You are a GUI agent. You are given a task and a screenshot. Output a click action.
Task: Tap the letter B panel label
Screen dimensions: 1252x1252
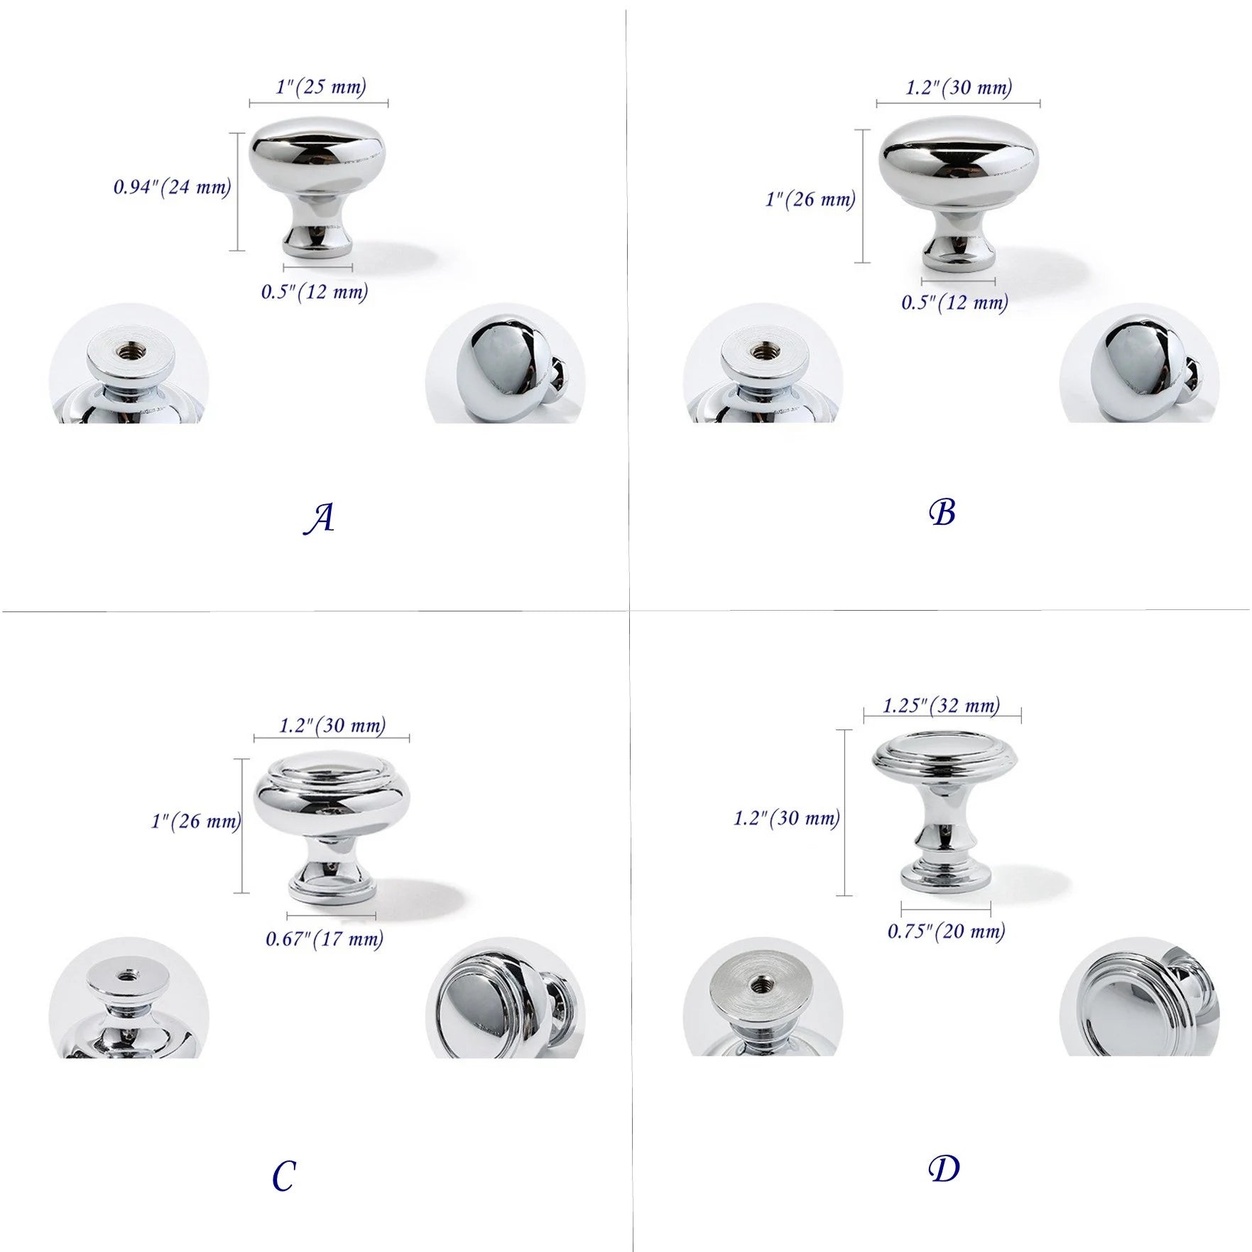tap(942, 512)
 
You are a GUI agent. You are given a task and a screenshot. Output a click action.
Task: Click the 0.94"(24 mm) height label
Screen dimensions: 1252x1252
tap(173, 187)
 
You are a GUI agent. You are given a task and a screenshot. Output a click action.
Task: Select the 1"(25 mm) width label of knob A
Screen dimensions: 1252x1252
tap(321, 87)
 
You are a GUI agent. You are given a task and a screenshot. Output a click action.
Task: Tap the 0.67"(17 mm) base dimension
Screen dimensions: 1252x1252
tap(325, 939)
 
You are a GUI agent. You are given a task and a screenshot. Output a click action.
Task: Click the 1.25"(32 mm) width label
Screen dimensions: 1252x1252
tap(942, 705)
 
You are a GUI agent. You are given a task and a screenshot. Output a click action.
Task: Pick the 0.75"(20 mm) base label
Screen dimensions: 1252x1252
tap(947, 930)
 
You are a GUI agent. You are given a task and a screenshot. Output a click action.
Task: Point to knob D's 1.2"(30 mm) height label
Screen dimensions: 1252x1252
tap(787, 818)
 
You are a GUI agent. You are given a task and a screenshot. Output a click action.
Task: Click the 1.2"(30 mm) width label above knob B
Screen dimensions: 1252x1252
tap(959, 87)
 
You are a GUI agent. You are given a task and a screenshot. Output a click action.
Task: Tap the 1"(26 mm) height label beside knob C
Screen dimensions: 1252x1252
tap(196, 822)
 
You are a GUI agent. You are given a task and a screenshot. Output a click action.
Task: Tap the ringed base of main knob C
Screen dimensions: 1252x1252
tap(331, 889)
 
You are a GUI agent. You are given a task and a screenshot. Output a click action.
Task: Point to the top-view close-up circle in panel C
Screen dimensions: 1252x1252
tap(505, 998)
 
